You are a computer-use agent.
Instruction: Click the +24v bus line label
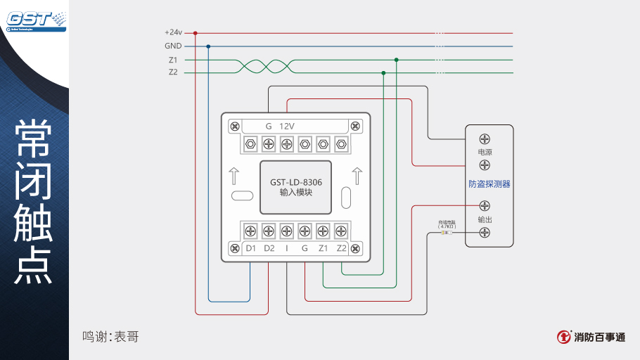[173, 32]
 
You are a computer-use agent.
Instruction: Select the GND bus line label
[173, 46]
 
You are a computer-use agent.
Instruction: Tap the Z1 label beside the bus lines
[173, 60]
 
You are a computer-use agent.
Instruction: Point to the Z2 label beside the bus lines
[173, 72]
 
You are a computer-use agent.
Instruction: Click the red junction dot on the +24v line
[195, 32]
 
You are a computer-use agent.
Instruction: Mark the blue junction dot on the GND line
[208, 46]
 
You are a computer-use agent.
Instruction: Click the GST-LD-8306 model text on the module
[295, 181]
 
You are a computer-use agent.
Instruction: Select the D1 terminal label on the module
[250, 248]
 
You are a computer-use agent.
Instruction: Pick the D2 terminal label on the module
[269, 248]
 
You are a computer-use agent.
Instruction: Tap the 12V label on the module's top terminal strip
[287, 126]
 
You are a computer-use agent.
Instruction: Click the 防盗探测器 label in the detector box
[489, 184]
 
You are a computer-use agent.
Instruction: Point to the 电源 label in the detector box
[485, 152]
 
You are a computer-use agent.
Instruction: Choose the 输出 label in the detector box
[485, 219]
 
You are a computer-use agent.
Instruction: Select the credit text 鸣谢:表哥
[110, 337]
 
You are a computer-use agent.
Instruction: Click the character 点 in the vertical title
[34, 266]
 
